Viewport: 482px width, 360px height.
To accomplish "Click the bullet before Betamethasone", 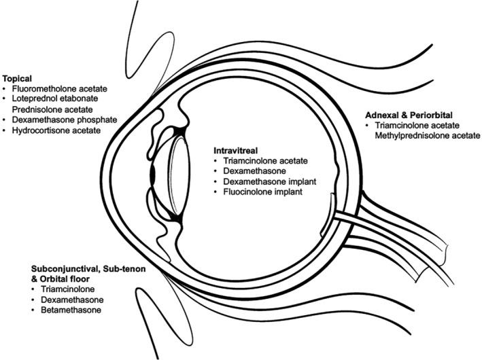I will coord(33,310).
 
